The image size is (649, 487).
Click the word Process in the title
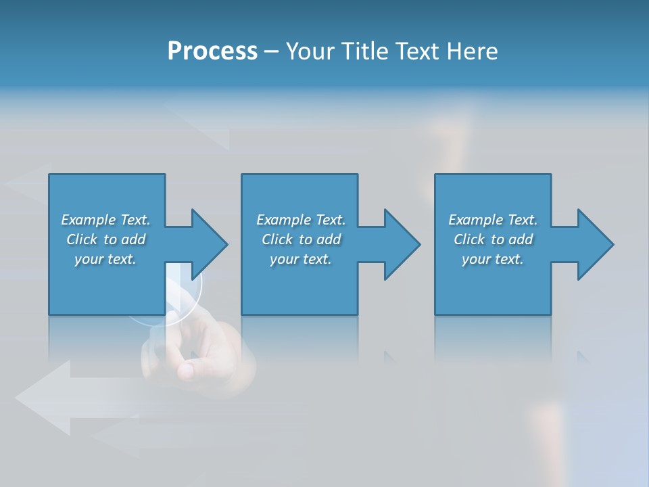point(212,51)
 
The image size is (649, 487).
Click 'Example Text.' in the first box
point(105,220)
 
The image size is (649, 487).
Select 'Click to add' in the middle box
point(301,239)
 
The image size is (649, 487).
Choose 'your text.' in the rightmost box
point(493,259)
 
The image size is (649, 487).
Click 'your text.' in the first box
point(105,259)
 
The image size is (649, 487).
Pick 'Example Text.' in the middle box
point(301,220)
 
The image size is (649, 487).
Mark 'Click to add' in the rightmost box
point(493,239)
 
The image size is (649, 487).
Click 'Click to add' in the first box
point(105,239)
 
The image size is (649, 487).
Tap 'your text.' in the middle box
point(301,259)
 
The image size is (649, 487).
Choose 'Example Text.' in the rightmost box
point(493,220)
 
